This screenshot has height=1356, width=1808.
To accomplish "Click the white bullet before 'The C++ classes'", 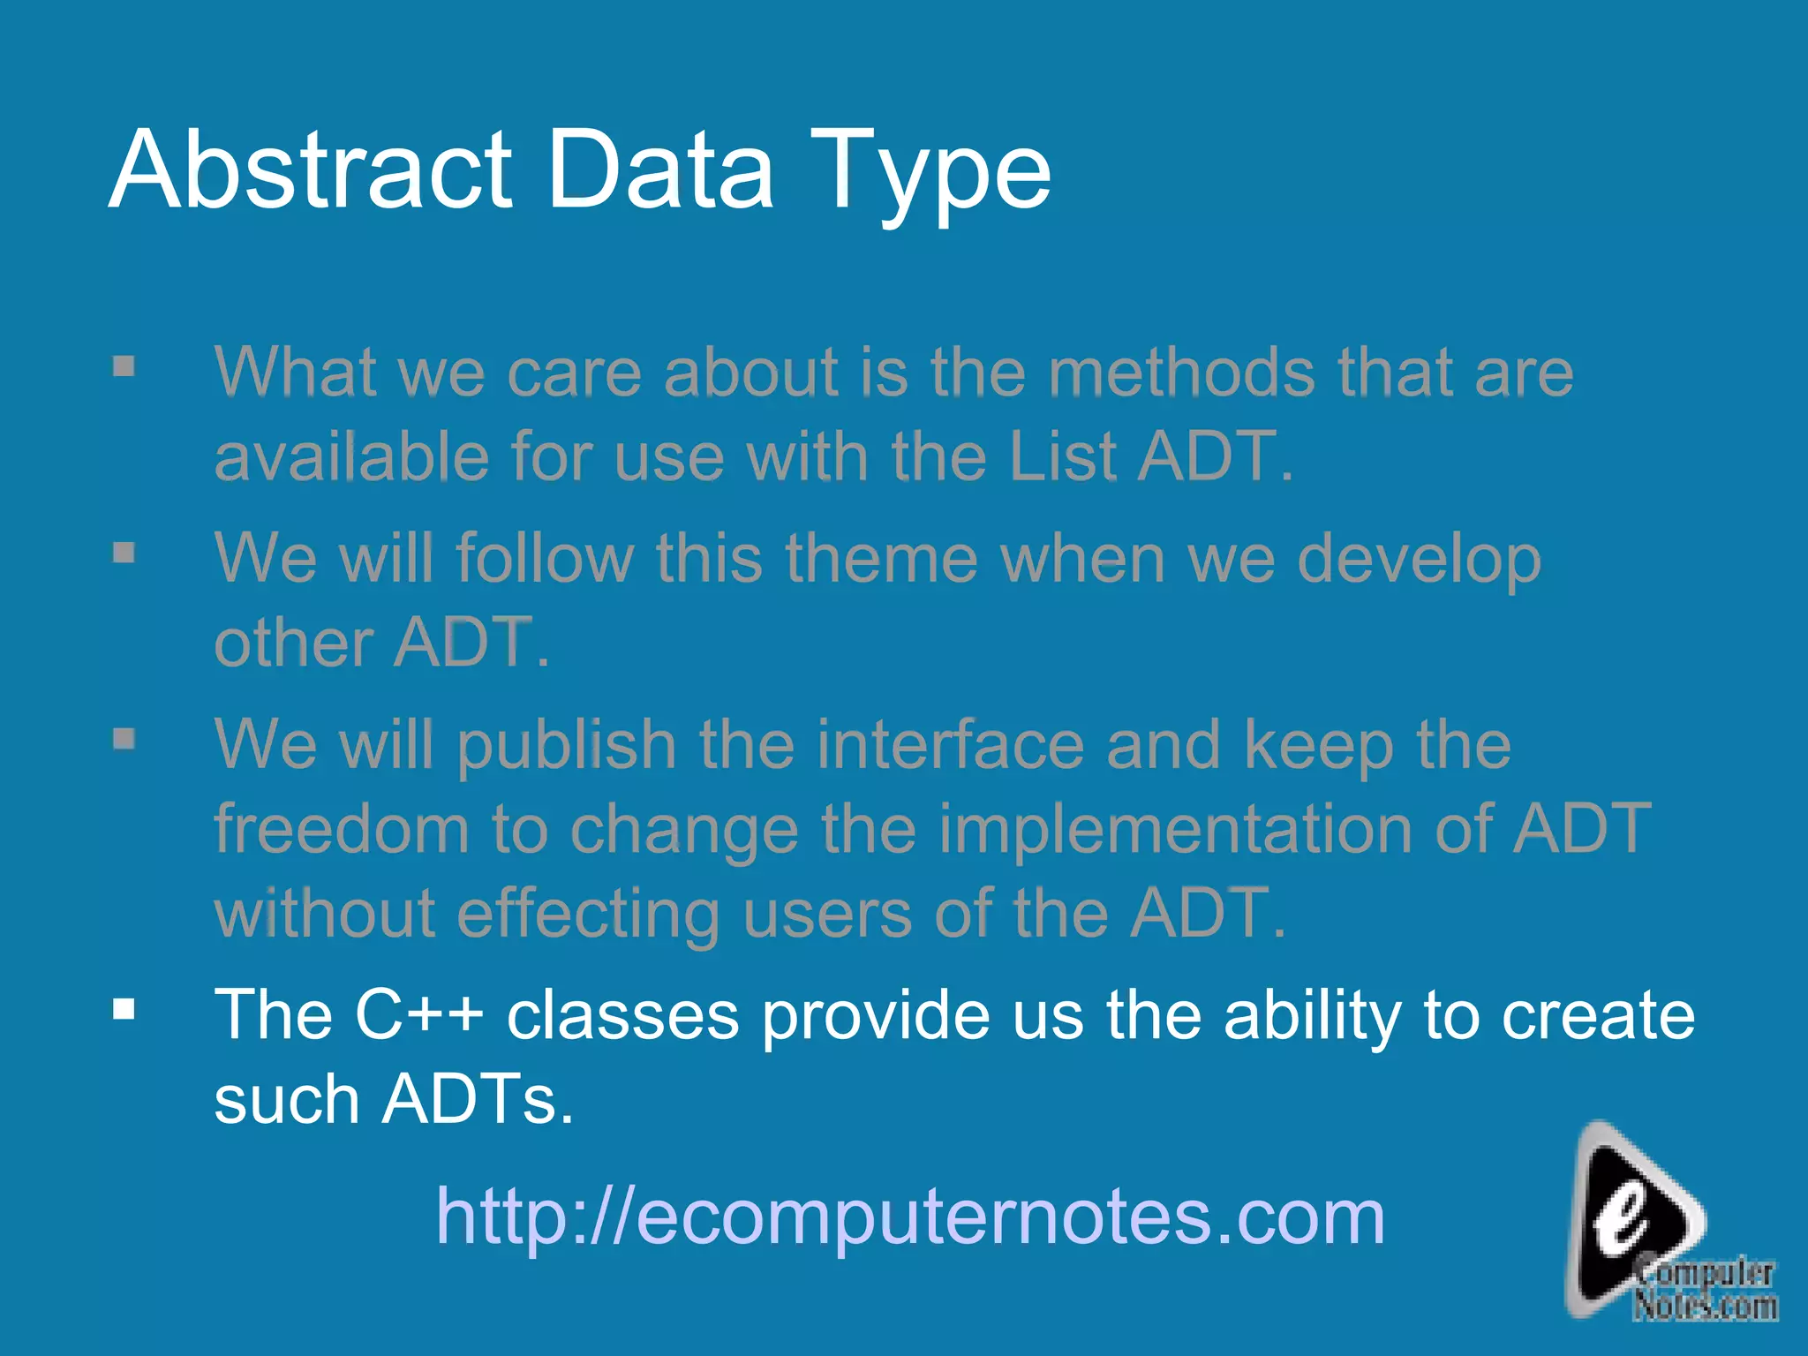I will tap(124, 1009).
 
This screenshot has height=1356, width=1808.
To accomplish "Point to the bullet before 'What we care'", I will tap(124, 365).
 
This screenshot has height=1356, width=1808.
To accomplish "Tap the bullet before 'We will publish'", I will tap(124, 738).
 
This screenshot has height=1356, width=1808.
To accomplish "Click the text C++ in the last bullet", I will tap(418, 1014).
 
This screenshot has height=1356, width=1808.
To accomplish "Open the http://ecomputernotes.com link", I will tap(910, 1217).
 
